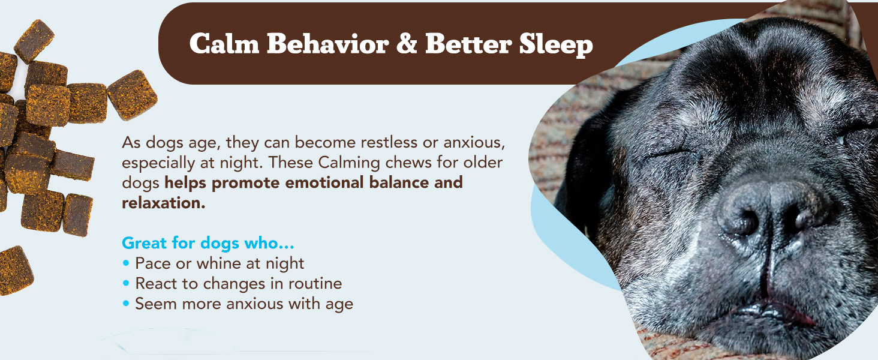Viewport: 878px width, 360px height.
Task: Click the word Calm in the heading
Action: [x=224, y=43]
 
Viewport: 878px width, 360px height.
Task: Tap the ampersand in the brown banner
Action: [x=407, y=43]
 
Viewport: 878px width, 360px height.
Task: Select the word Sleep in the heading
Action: [x=556, y=45]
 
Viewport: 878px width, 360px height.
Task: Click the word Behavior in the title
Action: [x=327, y=43]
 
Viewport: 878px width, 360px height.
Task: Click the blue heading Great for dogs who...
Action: [x=208, y=244]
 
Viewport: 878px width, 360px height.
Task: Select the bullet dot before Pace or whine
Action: [x=126, y=263]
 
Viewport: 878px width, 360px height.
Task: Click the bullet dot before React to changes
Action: [x=126, y=283]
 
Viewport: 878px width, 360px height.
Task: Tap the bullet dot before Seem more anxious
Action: [x=126, y=303]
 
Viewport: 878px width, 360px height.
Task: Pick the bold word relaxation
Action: [x=164, y=203]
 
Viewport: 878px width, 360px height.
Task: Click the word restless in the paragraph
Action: [x=389, y=142]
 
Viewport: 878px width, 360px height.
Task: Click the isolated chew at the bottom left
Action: [x=15, y=271]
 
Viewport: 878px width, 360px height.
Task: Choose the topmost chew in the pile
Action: [x=34, y=41]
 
